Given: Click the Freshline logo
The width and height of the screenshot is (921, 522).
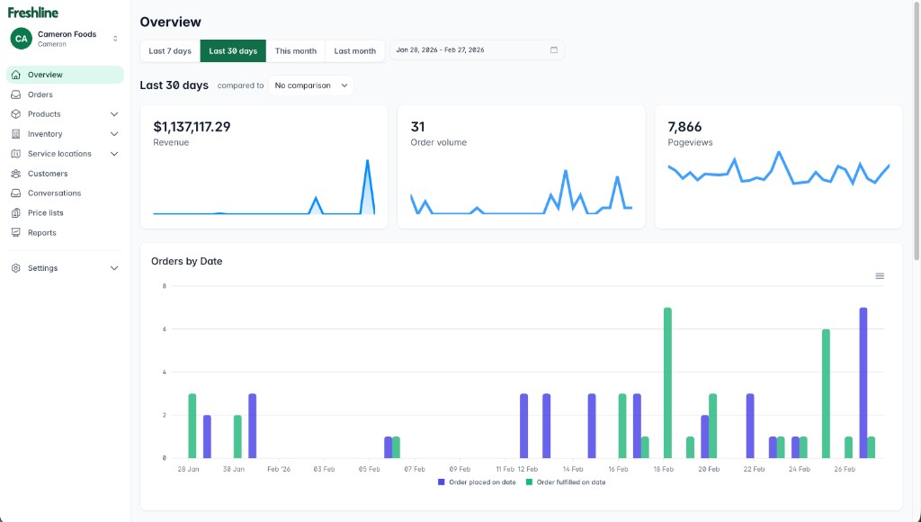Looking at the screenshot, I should (x=32, y=13).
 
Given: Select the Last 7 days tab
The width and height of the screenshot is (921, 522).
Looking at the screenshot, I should (x=170, y=51).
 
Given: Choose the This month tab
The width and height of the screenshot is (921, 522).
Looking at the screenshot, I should (x=296, y=51).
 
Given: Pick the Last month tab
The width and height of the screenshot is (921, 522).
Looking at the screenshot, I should (x=354, y=51).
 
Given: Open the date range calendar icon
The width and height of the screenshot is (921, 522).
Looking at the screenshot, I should (x=554, y=50).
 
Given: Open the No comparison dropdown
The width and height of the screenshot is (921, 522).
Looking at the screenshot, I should (x=310, y=85).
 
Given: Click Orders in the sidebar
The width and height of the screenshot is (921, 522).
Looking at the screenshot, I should (x=40, y=94).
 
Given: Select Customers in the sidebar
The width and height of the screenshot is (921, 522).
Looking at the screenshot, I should (x=48, y=174).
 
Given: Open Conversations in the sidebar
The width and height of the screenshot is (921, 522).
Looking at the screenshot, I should (x=54, y=193).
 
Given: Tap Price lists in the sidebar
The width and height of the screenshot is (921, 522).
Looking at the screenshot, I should (x=47, y=213).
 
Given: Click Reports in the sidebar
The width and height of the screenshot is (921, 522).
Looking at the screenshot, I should (x=41, y=233).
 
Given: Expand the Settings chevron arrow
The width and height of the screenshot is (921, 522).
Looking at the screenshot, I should (x=114, y=268).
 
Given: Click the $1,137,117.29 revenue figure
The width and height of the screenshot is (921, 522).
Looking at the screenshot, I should (x=192, y=127).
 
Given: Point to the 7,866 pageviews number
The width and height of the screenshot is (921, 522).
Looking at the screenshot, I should (x=684, y=127).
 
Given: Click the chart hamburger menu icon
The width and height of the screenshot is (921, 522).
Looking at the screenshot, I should (x=880, y=276).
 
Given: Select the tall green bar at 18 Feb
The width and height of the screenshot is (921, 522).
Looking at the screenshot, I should (x=667, y=382).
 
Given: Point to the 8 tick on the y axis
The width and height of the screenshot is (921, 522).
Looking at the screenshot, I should (x=164, y=286).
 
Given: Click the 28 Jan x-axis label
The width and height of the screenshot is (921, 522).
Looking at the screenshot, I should (x=188, y=469).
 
